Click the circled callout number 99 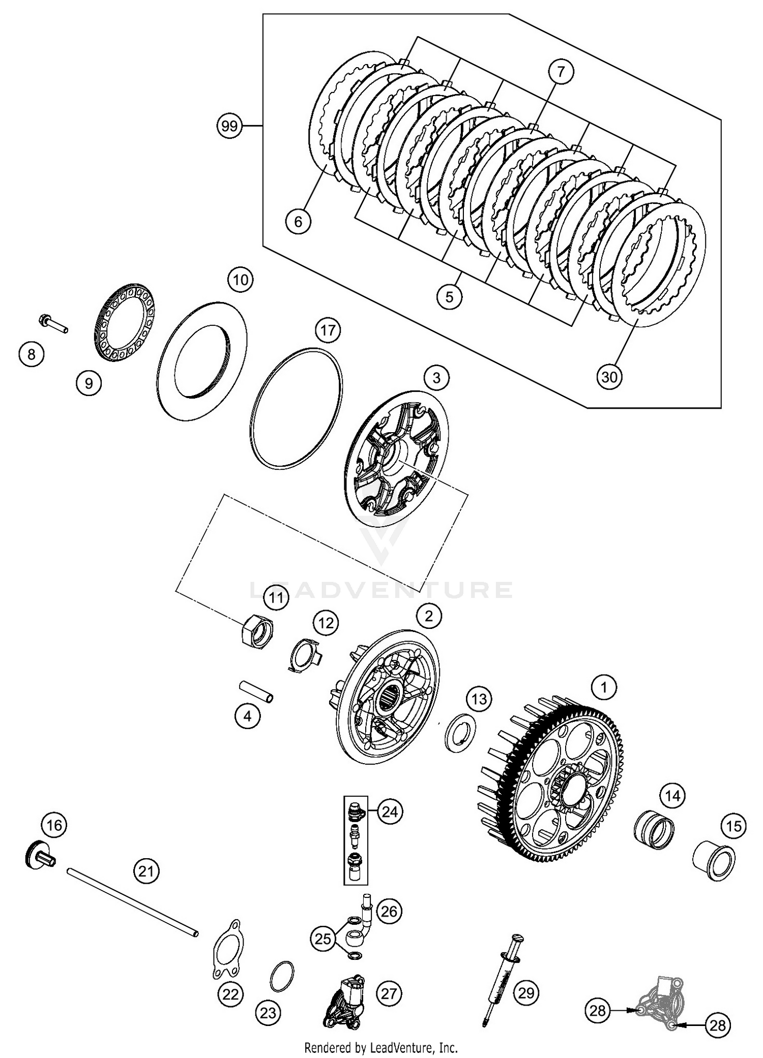[229, 125]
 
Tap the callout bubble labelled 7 [561, 72]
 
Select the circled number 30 [609, 377]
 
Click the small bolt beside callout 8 [52, 323]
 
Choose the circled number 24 [390, 812]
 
